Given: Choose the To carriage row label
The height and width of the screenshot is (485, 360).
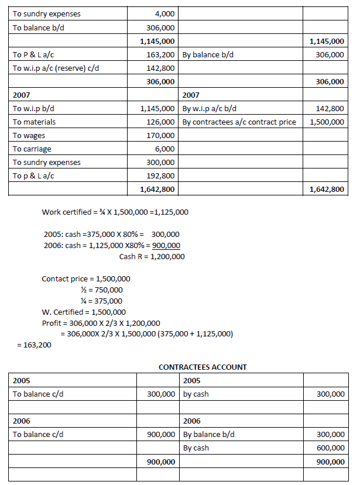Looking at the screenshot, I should click(32, 149).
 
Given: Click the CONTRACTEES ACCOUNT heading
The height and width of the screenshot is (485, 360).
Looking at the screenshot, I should click(203, 367).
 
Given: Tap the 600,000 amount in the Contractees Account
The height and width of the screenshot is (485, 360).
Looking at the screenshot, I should click(330, 448).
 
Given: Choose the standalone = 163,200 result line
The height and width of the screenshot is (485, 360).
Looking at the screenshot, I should click(35, 345).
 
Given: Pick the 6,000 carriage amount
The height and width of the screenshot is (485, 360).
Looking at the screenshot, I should click(165, 149).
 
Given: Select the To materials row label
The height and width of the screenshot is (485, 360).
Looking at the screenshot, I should click(35, 122).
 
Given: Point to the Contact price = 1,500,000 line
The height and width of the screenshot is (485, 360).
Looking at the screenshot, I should click(86, 278).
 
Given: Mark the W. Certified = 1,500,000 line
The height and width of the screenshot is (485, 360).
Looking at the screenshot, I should click(84, 312).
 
